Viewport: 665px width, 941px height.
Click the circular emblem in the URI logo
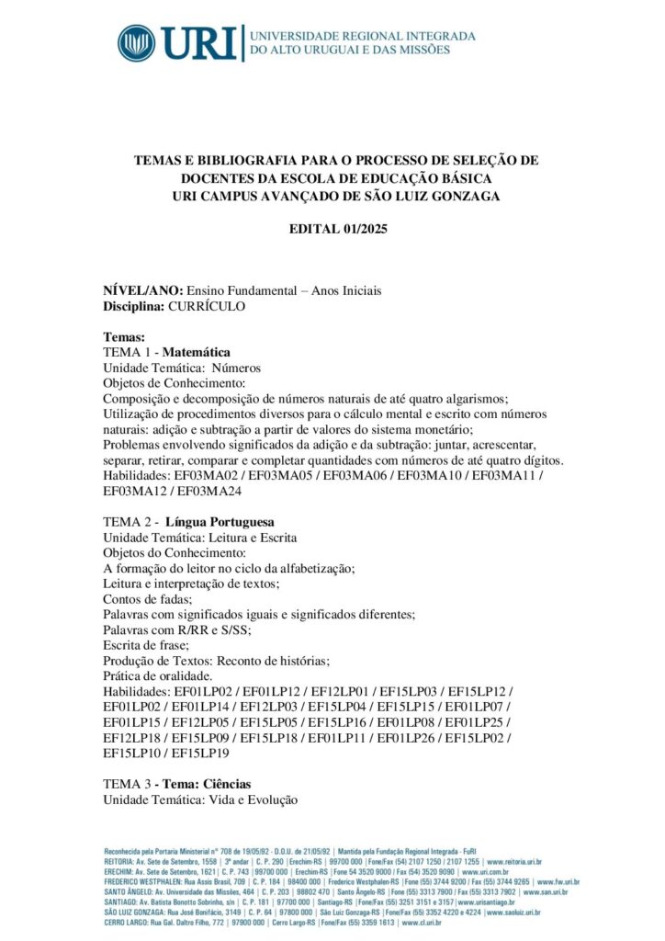click(136, 43)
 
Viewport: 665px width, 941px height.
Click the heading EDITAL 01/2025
click(332, 229)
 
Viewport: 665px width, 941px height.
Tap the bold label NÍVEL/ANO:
click(143, 290)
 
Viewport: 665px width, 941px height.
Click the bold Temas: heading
click(124, 337)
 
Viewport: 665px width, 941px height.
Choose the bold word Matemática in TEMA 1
click(197, 352)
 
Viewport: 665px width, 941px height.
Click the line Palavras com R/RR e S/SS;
click(177, 629)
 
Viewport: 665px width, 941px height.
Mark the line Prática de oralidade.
click(159, 675)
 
